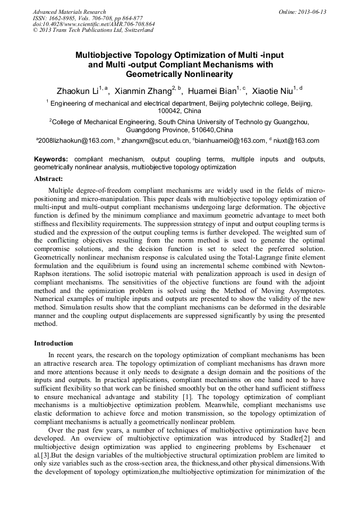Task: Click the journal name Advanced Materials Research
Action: (x=70, y=12)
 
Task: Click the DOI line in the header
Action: (x=93, y=24)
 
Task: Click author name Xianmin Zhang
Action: (x=143, y=91)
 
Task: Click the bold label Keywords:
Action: (x=51, y=159)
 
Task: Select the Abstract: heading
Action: (x=48, y=179)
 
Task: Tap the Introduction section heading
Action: (x=54, y=343)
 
